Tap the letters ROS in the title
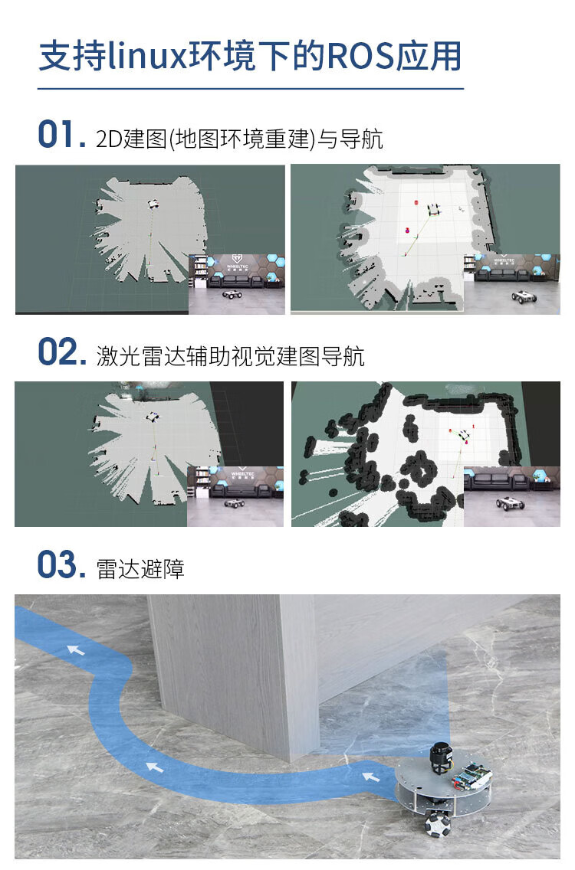[360, 57]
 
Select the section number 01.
[61, 135]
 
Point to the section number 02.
[61, 352]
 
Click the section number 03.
[61, 565]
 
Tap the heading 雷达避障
[140, 569]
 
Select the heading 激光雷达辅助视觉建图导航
[231, 356]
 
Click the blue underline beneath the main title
[251, 88]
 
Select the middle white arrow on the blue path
[154, 767]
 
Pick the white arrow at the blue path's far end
[76, 649]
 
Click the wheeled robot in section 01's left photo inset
[232, 294]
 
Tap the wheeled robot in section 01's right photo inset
[524, 296]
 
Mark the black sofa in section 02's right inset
[497, 482]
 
